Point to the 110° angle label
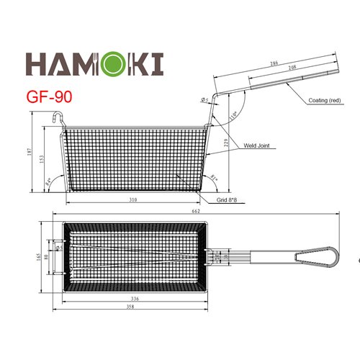coord(232,116)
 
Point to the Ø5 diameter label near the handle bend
coord(204,100)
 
